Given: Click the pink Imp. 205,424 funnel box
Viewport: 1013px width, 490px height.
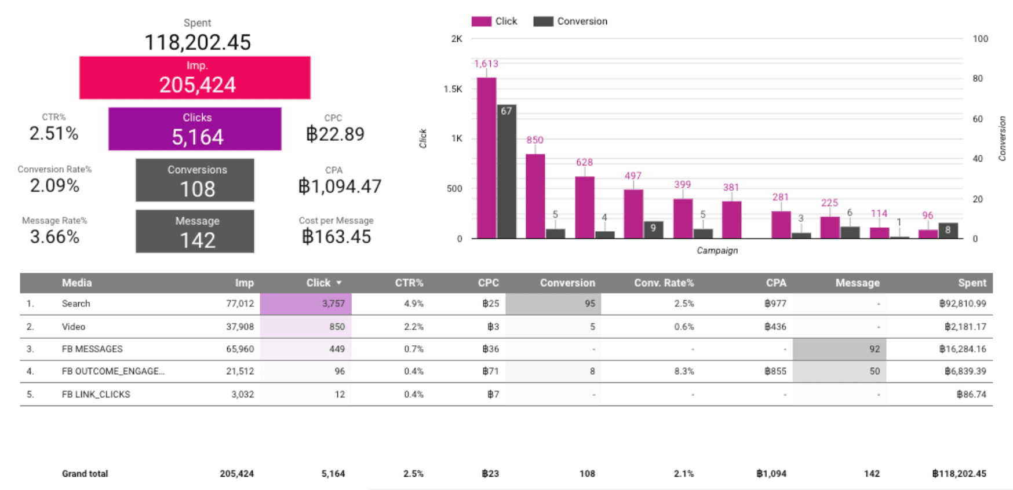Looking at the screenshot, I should pyautogui.click(x=195, y=78).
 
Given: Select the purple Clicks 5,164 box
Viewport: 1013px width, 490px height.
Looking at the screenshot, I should pyautogui.click(x=195, y=129).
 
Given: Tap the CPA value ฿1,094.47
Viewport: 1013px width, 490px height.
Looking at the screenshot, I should pyautogui.click(x=340, y=187).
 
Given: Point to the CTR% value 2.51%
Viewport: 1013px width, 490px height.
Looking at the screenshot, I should pyautogui.click(x=54, y=134).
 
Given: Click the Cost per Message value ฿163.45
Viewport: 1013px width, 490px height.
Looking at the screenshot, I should pyautogui.click(x=336, y=237).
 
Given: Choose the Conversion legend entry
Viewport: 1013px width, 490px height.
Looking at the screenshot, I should pyautogui.click(x=571, y=21).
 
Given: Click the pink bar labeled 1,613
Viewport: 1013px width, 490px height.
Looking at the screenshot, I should pyautogui.click(x=486, y=158).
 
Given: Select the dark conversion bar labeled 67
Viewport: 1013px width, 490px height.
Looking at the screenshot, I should pyautogui.click(x=507, y=171).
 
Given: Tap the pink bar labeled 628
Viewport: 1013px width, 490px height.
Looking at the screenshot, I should pyautogui.click(x=584, y=207).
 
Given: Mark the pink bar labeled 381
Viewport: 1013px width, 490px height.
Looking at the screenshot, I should pyautogui.click(x=731, y=220).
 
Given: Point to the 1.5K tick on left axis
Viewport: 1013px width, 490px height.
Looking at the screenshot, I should pyautogui.click(x=453, y=89).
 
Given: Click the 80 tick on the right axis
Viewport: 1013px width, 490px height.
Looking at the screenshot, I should pyautogui.click(x=978, y=79).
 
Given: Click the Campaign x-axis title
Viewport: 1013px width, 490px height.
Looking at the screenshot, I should pyautogui.click(x=717, y=251).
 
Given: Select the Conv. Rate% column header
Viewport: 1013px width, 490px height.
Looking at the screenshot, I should pyautogui.click(x=664, y=283).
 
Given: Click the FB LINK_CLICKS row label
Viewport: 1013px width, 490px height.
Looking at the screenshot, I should pyautogui.click(x=96, y=394).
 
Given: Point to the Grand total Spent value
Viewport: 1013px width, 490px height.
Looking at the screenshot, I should pyautogui.click(x=959, y=474).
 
